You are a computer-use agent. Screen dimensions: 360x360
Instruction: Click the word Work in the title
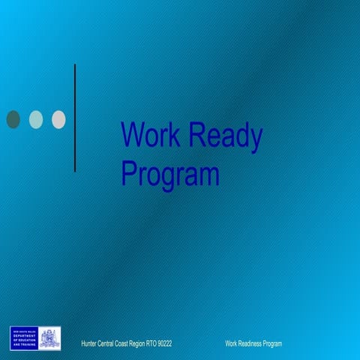[x=150, y=136]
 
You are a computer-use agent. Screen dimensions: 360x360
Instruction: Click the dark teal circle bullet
[x=13, y=118]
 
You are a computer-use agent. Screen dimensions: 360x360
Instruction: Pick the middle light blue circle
[x=36, y=118]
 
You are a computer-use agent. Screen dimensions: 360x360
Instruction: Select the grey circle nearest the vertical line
[x=58, y=118]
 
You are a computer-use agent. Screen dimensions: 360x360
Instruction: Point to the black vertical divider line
[x=75, y=118]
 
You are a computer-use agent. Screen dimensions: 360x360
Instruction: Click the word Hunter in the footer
[x=89, y=343]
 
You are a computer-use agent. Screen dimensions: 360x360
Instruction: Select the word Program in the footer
[x=272, y=343]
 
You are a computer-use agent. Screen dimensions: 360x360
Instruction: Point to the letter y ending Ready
[x=256, y=139]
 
